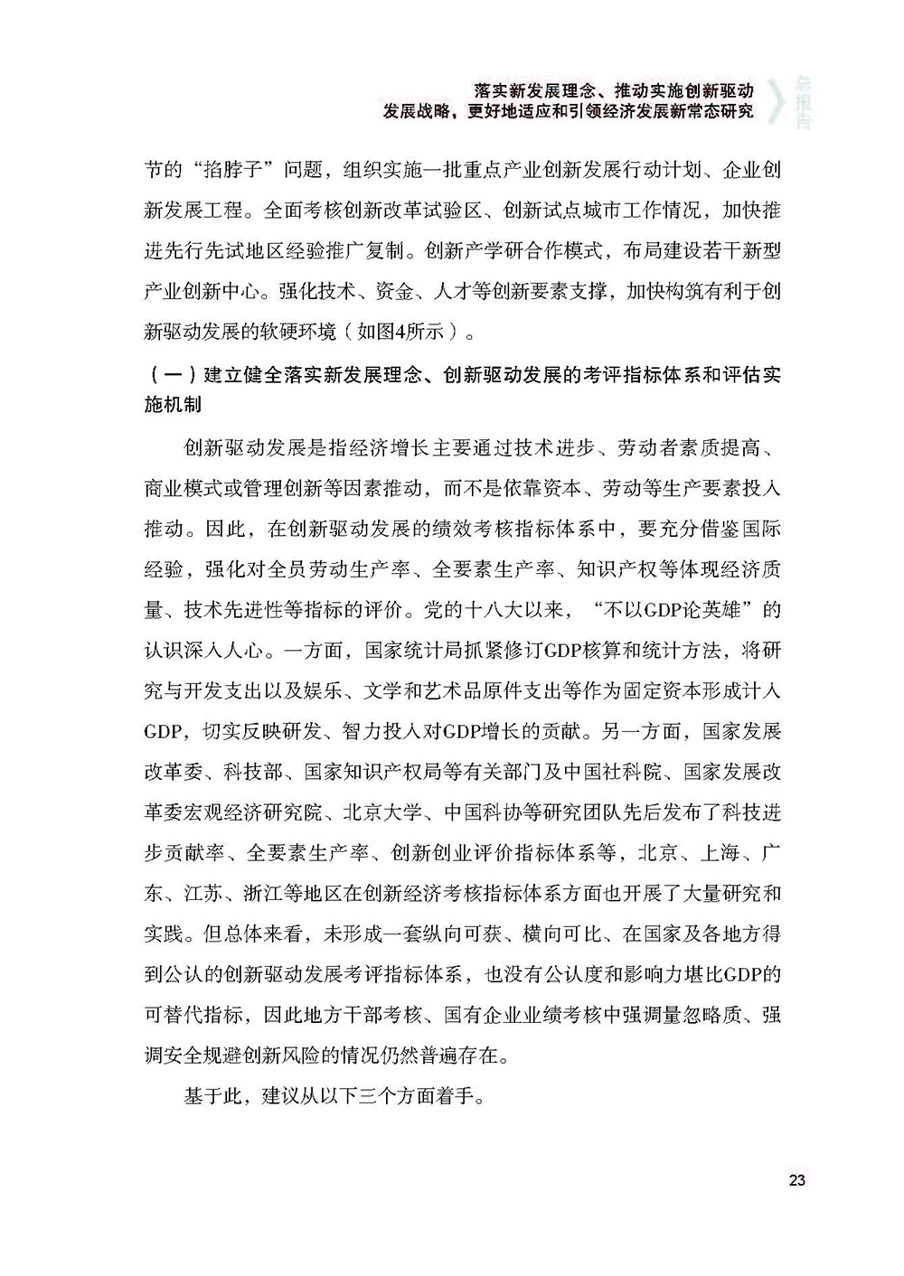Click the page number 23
point(796,1180)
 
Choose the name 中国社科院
point(615,773)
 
